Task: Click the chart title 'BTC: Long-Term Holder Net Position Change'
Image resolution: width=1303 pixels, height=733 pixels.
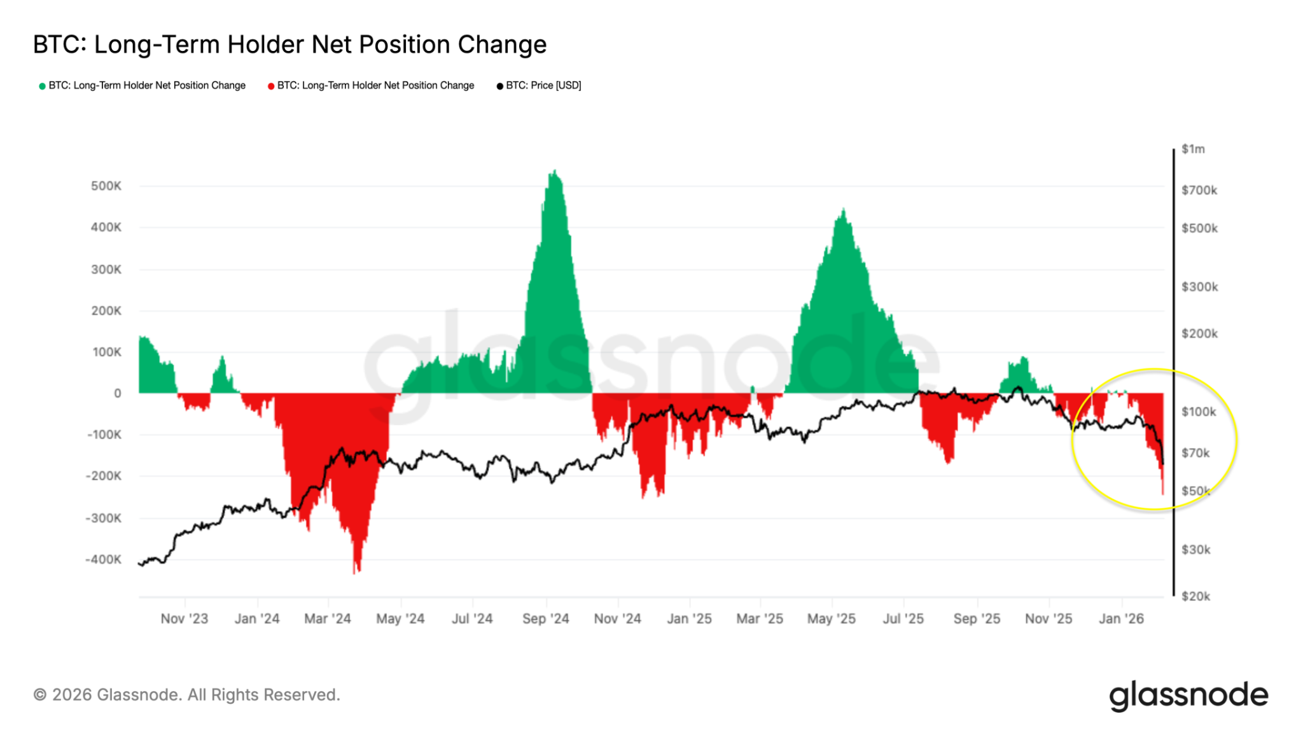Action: click(x=289, y=45)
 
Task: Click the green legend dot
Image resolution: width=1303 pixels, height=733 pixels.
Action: click(x=42, y=86)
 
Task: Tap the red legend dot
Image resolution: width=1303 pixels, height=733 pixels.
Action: click(x=271, y=86)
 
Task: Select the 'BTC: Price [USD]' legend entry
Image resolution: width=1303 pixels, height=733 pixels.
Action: click(x=543, y=85)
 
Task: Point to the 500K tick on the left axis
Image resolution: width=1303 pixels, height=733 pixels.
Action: click(x=106, y=186)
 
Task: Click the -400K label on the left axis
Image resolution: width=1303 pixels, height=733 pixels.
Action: click(x=103, y=559)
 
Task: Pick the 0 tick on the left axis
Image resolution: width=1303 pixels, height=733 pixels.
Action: click(x=117, y=393)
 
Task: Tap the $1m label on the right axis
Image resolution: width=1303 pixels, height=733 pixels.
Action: click(x=1193, y=149)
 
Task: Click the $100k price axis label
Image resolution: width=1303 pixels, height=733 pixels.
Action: click(x=1199, y=412)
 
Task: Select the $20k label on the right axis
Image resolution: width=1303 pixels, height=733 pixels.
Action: click(x=1195, y=596)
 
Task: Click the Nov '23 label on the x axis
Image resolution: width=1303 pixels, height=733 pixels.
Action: click(x=184, y=618)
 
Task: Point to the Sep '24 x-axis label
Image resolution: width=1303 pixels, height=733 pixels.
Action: click(x=545, y=618)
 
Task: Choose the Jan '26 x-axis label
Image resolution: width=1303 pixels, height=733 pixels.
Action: click(x=1121, y=618)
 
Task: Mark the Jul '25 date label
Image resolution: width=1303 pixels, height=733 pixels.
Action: click(x=903, y=618)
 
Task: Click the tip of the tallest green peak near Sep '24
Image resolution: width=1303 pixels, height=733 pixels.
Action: click(x=555, y=171)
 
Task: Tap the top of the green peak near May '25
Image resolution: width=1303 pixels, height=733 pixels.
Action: click(x=843, y=209)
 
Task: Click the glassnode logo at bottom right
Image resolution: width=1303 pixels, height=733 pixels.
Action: click(x=1188, y=695)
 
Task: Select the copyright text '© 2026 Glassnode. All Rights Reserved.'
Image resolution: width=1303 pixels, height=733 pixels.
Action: click(x=186, y=695)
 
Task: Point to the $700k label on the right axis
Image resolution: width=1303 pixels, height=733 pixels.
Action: click(x=1199, y=190)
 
